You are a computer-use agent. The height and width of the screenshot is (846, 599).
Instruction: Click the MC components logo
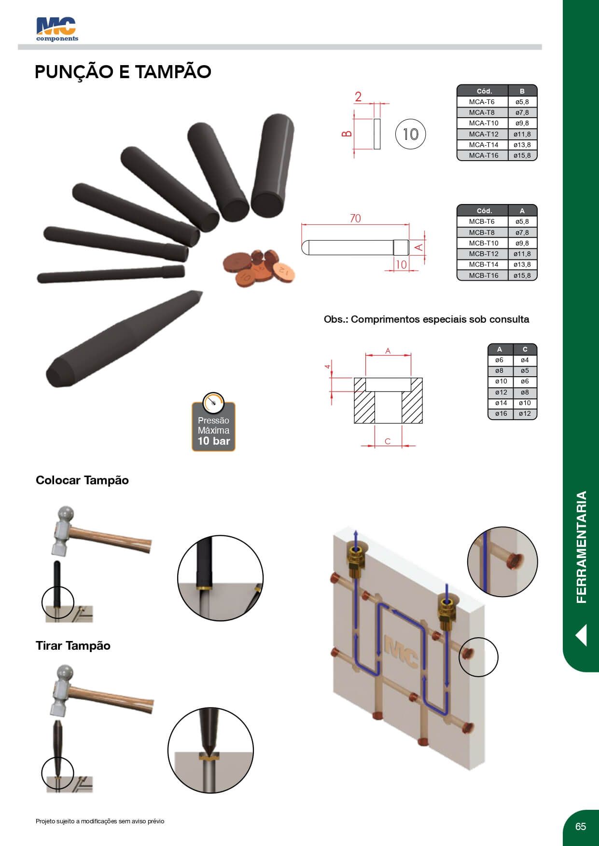57,29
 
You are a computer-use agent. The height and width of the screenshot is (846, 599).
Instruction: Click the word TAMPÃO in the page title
173,72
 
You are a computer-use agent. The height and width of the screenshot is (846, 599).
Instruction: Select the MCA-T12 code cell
483,134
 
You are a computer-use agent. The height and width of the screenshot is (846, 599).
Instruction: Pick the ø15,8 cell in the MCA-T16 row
522,155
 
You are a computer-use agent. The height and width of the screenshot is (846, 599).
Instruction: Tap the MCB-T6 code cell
482,221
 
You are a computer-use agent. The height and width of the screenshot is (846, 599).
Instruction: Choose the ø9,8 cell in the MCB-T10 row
522,243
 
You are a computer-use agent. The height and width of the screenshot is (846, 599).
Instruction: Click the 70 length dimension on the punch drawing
355,218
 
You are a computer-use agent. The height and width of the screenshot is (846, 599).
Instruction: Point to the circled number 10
410,134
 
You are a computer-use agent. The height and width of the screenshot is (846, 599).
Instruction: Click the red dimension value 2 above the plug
358,96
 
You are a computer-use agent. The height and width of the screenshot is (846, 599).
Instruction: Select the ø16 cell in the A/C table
501,414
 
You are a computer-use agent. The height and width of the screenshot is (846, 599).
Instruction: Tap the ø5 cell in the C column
525,371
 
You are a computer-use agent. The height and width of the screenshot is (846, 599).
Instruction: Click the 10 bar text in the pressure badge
214,441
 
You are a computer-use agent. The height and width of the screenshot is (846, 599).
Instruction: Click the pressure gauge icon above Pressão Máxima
213,402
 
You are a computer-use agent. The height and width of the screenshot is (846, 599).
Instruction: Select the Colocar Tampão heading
82,480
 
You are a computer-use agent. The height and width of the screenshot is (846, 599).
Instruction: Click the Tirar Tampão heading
73,646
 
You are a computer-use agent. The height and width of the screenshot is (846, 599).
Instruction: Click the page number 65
581,827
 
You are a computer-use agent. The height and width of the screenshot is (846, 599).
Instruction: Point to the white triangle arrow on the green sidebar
581,635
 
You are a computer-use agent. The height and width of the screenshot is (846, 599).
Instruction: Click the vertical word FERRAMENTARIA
582,547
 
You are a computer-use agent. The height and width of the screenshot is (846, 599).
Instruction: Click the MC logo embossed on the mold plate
401,652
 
